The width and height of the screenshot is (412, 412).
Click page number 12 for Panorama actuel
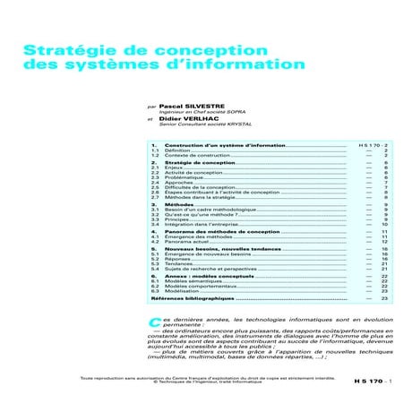(x=383, y=242)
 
